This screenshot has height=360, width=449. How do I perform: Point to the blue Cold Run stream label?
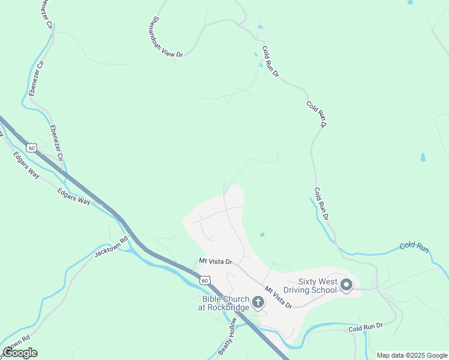(x=414, y=246)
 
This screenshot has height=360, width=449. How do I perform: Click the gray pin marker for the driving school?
(x=346, y=286)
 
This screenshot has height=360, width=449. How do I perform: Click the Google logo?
(x=20, y=353)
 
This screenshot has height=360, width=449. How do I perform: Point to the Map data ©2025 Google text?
(x=412, y=355)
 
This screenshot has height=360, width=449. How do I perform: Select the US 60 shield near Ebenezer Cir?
(x=31, y=147)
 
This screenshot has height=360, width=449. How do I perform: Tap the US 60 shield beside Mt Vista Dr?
(x=205, y=280)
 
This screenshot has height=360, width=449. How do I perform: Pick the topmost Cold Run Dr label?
(x=271, y=62)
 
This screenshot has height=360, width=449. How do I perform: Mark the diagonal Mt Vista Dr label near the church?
(x=278, y=297)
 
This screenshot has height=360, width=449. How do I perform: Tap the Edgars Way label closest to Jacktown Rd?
(x=74, y=197)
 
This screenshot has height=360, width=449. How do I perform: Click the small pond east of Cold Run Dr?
(x=423, y=158)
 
